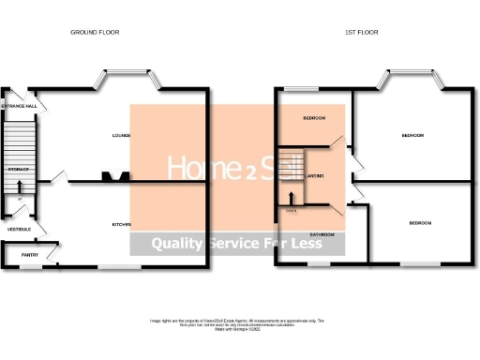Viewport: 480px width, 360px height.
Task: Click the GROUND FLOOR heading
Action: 96,32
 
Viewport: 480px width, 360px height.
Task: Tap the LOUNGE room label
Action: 120,136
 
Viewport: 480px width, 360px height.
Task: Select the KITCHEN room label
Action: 121,224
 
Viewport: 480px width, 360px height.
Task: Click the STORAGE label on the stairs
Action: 19,169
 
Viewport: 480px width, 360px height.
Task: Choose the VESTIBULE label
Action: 19,229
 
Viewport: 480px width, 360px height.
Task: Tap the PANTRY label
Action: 30,254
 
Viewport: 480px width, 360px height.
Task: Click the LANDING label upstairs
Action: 315,176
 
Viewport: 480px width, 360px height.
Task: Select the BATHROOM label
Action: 322,233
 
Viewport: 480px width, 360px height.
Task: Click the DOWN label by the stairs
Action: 291,209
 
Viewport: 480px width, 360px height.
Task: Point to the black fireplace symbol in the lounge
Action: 115,176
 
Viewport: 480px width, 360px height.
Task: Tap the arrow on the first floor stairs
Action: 292,198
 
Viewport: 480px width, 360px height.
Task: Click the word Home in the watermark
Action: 195,167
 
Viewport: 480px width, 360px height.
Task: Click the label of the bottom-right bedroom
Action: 420,222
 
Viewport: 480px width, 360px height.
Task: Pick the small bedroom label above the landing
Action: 314,118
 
